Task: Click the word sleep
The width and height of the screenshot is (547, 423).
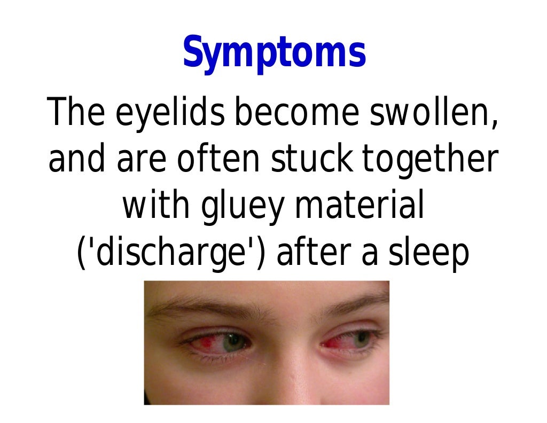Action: pyautogui.click(x=427, y=253)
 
